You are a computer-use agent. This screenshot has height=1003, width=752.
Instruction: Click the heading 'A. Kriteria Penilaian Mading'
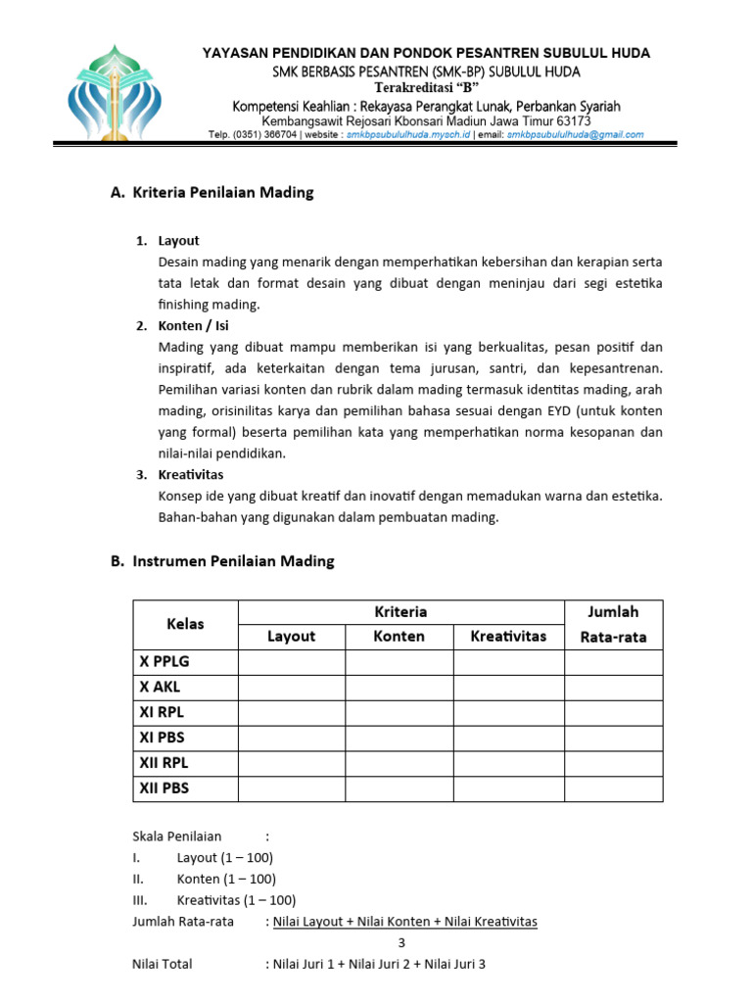click(x=212, y=192)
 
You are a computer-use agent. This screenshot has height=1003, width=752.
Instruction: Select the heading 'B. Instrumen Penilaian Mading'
click(x=222, y=561)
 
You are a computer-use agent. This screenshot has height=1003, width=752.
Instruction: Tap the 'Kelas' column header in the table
click(x=186, y=624)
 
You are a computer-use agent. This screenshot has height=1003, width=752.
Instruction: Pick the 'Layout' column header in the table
click(x=292, y=636)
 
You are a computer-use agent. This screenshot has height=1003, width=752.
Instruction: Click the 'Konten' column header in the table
click(x=399, y=636)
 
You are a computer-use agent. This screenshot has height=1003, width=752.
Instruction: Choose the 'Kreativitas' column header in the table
click(x=508, y=636)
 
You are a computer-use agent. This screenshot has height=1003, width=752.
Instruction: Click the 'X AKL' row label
click(x=161, y=687)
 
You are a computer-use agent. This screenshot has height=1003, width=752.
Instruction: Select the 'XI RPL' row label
click(x=162, y=712)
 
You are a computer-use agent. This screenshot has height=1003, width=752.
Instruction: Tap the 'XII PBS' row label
click(x=164, y=788)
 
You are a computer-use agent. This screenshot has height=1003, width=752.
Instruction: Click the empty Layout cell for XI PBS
click(x=292, y=738)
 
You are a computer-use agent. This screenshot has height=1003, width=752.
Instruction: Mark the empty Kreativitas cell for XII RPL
click(x=508, y=763)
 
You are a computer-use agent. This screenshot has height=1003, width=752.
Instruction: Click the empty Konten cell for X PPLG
click(x=399, y=661)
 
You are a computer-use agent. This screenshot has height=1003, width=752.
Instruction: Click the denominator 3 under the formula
click(x=400, y=942)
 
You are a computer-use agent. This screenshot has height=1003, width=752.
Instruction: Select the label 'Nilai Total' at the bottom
click(x=163, y=964)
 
